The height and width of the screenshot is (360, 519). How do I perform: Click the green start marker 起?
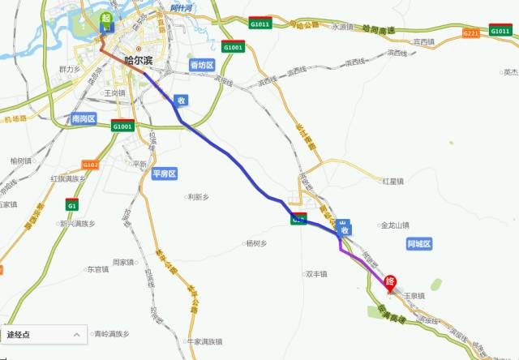click(105, 19)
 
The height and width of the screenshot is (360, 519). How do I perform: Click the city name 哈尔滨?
click(139, 61)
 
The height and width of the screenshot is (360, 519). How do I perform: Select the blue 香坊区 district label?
click(201, 65)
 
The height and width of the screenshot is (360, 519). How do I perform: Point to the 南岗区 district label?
click(84, 119)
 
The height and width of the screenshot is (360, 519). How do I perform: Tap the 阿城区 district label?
click(419, 243)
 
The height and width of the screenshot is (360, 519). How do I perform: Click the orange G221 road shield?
click(470, 33)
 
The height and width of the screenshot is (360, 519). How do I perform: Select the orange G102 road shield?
click(90, 165)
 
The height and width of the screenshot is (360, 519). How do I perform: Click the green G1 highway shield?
click(71, 205)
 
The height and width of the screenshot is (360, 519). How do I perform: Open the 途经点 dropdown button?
click(44, 334)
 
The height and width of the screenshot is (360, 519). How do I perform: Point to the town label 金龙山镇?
click(395, 225)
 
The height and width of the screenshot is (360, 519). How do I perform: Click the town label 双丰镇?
click(315, 274)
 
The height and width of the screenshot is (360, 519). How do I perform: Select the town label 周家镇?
click(122, 262)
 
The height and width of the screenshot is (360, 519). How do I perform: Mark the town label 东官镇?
click(97, 269)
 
